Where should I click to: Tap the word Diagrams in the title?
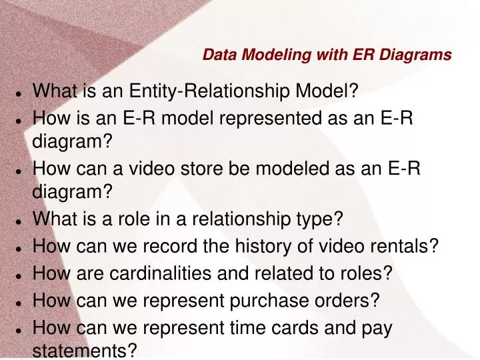tap(416, 55)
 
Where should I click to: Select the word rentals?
tap(407, 247)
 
